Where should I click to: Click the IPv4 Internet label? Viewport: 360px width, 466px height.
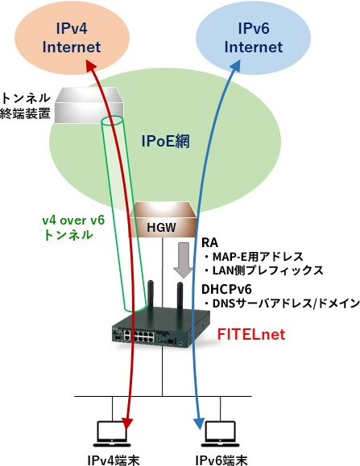click(72, 38)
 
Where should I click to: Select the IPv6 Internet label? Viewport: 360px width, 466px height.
click(254, 38)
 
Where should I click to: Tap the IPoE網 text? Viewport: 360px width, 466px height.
click(166, 141)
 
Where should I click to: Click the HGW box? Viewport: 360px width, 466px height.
click(163, 220)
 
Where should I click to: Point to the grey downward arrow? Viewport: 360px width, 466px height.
click(184, 260)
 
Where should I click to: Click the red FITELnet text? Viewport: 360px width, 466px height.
click(251, 334)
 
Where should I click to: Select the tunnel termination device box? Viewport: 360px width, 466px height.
click(89, 105)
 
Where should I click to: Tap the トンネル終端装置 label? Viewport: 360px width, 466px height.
click(25, 105)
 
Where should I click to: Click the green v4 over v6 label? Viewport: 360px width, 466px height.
click(73, 228)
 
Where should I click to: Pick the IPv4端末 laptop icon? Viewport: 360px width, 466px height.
click(112, 433)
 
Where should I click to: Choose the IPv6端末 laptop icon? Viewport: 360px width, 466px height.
click(221, 433)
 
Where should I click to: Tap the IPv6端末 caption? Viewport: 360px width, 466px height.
click(221, 460)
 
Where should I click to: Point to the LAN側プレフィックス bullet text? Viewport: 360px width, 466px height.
click(263, 270)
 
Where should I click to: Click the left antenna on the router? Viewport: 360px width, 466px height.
click(151, 295)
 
